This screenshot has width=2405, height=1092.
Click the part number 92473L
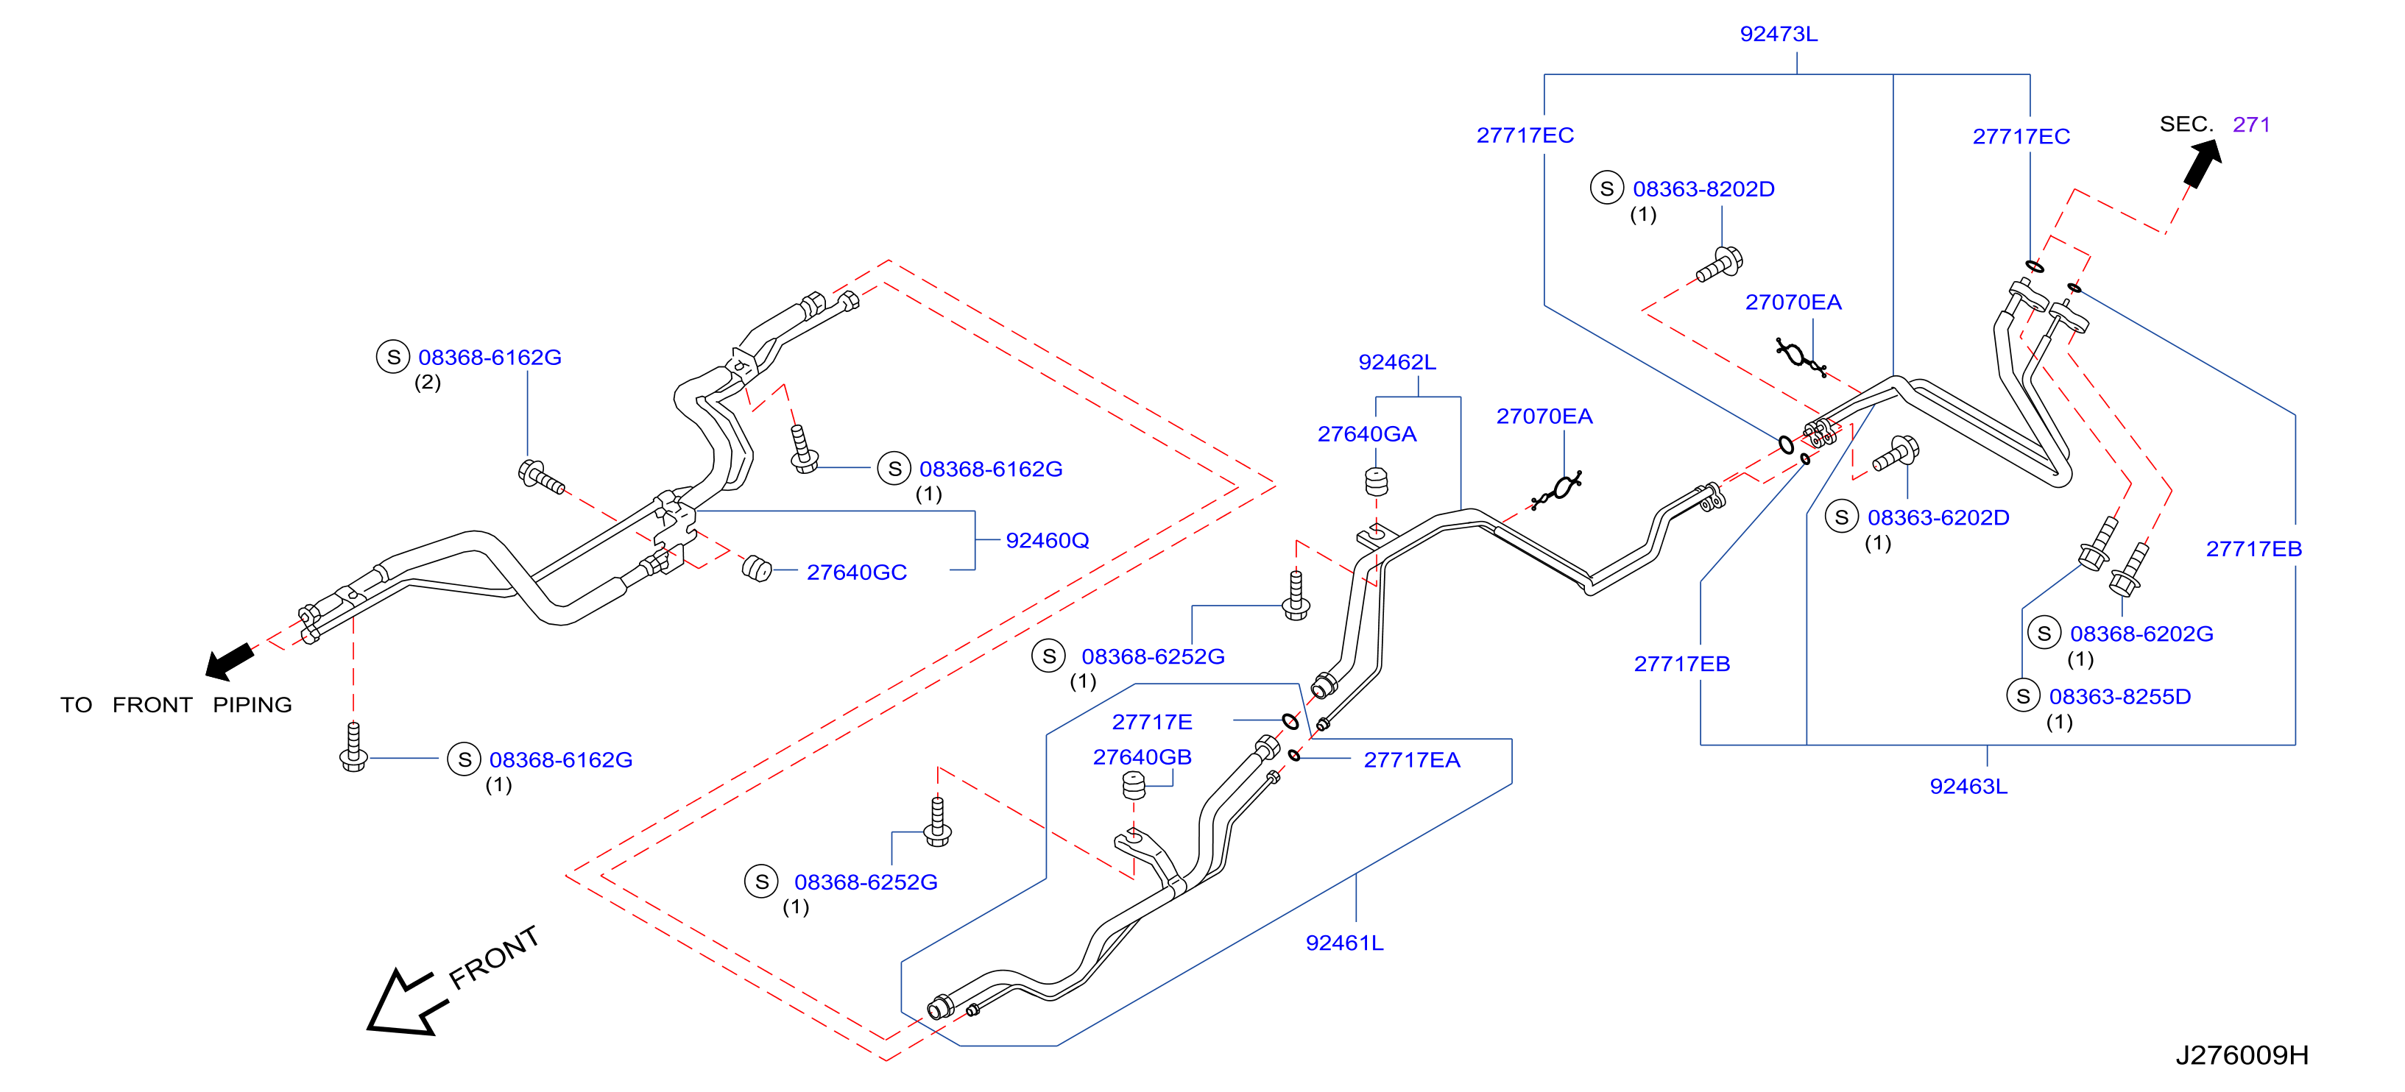tap(1779, 34)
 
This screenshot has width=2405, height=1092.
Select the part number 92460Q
tap(1047, 540)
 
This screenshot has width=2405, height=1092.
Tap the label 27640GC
tap(856, 572)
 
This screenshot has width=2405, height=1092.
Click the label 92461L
tap(1344, 943)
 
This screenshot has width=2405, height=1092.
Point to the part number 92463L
tap(1968, 786)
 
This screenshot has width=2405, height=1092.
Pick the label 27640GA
tap(1367, 434)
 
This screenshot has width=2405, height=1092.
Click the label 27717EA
tap(1412, 759)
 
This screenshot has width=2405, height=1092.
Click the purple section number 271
tap(2251, 124)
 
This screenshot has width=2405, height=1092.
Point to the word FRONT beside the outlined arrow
tap(494, 957)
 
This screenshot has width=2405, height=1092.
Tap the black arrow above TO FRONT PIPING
tap(229, 661)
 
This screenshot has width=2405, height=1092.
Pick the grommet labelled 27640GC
tap(756, 567)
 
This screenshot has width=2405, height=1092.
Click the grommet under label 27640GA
tap(1376, 481)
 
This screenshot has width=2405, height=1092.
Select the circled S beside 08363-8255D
tap(2023, 695)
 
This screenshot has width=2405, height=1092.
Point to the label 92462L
tap(1396, 362)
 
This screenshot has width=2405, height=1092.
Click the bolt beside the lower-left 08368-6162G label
tap(353, 747)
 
